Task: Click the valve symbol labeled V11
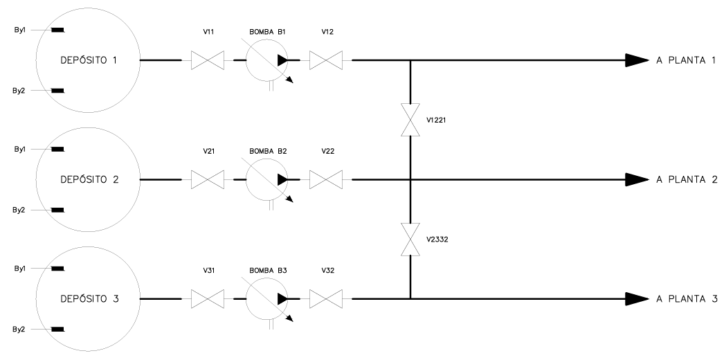pos(208,60)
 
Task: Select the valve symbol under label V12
pos(326,60)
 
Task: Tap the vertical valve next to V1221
pos(410,120)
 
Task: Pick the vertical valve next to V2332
pos(410,239)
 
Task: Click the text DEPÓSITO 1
pos(89,60)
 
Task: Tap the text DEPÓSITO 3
pos(89,298)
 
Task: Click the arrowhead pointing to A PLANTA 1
pos(637,60)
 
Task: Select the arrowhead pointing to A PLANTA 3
pos(637,299)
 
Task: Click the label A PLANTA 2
pos(687,179)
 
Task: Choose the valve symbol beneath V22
pos(326,179)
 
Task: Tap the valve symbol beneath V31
pos(208,299)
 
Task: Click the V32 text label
pos(327,271)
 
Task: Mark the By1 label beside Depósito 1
pos(19,30)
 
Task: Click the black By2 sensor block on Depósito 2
pos(57,210)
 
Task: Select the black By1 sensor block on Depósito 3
pos(57,268)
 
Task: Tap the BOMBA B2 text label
pos(269,151)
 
